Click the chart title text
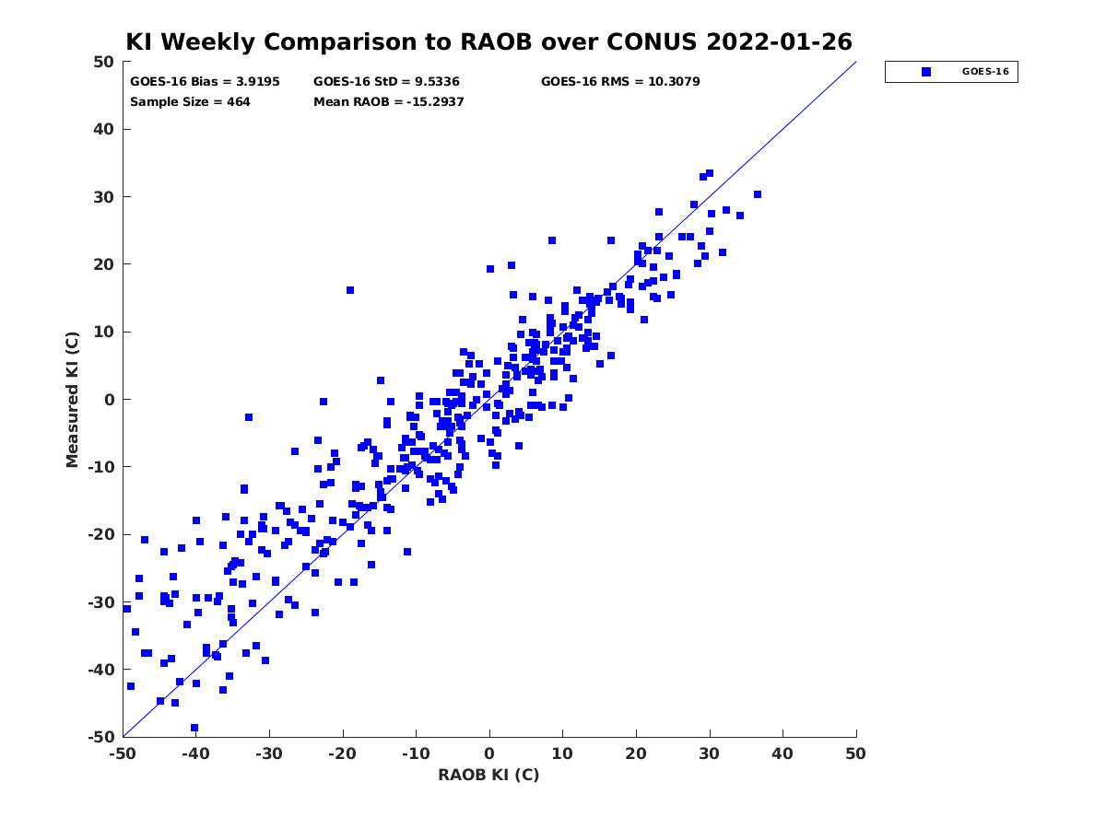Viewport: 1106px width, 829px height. point(488,41)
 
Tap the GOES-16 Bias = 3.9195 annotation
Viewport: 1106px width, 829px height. point(205,82)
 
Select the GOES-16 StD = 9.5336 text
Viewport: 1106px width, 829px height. point(386,82)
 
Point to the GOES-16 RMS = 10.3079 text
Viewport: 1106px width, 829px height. point(619,82)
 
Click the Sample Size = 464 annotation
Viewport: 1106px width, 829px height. point(190,101)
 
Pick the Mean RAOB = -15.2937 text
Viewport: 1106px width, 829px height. point(388,101)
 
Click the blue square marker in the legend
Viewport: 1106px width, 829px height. point(925,72)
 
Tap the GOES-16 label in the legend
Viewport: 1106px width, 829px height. point(985,72)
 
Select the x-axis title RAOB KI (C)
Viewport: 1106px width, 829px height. point(488,775)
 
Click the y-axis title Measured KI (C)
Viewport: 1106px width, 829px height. point(72,399)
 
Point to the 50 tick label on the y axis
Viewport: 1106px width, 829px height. point(104,62)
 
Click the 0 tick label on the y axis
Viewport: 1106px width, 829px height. point(110,400)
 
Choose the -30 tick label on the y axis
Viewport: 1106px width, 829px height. point(101,602)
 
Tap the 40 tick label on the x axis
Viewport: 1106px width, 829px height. point(782,753)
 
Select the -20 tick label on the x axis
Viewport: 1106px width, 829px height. point(342,753)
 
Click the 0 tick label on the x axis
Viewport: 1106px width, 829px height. point(489,753)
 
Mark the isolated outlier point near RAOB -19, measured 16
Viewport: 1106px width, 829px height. point(350,290)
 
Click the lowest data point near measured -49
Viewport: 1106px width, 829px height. point(194,728)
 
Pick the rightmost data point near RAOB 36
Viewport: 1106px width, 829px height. point(758,194)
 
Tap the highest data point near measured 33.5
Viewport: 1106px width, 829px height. point(710,173)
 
